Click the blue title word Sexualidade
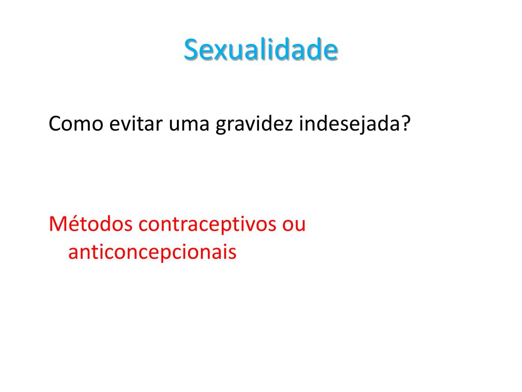point(260,50)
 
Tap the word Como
point(76,124)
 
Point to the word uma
point(189,126)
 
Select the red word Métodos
point(91,224)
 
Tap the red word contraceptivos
point(207,225)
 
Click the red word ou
point(294,226)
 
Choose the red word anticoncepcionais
point(152,252)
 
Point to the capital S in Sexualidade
point(192,50)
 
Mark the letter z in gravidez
point(289,126)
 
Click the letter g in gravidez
point(221,127)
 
